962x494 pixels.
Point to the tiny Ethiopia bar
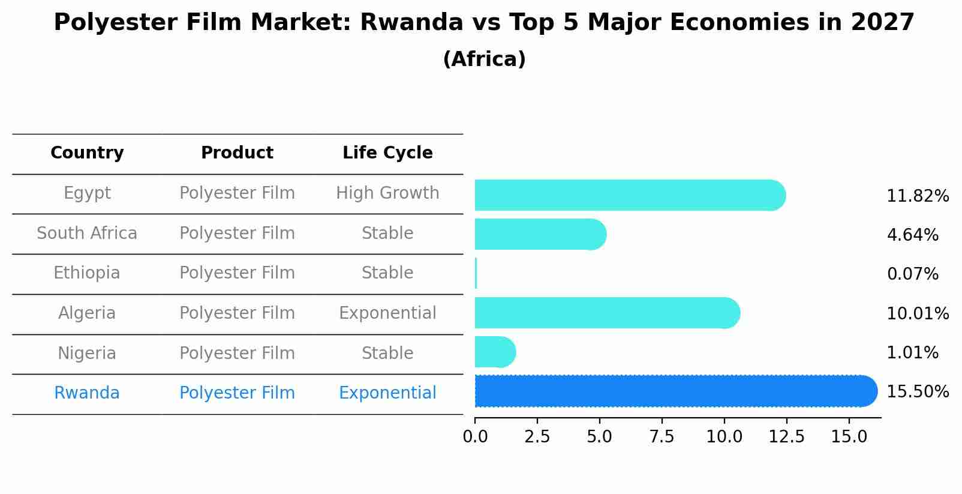pyautogui.click(x=476, y=274)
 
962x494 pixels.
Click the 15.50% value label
pyautogui.click(x=918, y=392)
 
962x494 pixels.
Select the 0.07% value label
pyautogui.click(x=912, y=274)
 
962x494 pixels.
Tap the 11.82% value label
pyautogui.click(x=918, y=196)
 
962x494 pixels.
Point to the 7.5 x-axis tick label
pyautogui.click(x=662, y=437)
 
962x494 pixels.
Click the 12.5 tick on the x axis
pyautogui.click(x=786, y=437)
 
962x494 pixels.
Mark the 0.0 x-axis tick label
pyautogui.click(x=475, y=437)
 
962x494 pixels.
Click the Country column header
pyautogui.click(x=87, y=153)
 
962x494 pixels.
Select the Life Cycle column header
pyautogui.click(x=387, y=153)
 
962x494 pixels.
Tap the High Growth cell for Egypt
pyautogui.click(x=387, y=193)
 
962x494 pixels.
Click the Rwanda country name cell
pyautogui.click(x=87, y=393)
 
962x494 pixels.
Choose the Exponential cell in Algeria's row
pyautogui.click(x=387, y=313)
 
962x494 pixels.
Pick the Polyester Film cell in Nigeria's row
pyautogui.click(x=237, y=354)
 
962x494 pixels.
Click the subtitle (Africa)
pyautogui.click(x=484, y=59)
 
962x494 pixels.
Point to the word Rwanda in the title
pyautogui.click(x=411, y=23)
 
